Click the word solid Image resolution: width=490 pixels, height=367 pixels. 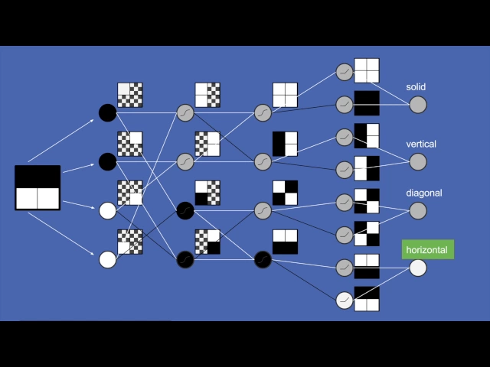(416, 87)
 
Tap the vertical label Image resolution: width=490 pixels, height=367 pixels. (421, 144)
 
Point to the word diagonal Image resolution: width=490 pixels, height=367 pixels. (423, 193)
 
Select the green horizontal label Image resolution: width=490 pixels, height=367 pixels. (427, 249)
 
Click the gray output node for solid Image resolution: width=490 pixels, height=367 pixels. (417, 105)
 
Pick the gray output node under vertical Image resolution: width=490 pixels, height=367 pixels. (417, 161)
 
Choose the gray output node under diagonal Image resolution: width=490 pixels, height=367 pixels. (417, 210)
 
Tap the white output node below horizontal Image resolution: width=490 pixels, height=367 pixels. (417, 268)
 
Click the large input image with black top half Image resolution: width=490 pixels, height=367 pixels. (38, 187)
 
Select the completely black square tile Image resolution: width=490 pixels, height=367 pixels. (367, 102)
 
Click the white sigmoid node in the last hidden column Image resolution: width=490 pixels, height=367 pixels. (345, 300)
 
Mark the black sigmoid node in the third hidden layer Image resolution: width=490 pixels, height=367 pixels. (263, 259)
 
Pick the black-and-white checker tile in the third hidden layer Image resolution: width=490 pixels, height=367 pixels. (285, 193)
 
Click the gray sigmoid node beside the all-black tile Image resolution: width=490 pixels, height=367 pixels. (345, 102)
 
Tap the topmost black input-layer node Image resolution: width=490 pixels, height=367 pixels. (108, 113)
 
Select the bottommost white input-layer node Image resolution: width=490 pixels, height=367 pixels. (108, 259)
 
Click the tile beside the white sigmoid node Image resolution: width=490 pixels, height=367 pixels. (367, 299)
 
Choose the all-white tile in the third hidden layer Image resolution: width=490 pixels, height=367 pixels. (285, 95)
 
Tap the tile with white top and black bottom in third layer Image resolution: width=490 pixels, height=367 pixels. (285, 242)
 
